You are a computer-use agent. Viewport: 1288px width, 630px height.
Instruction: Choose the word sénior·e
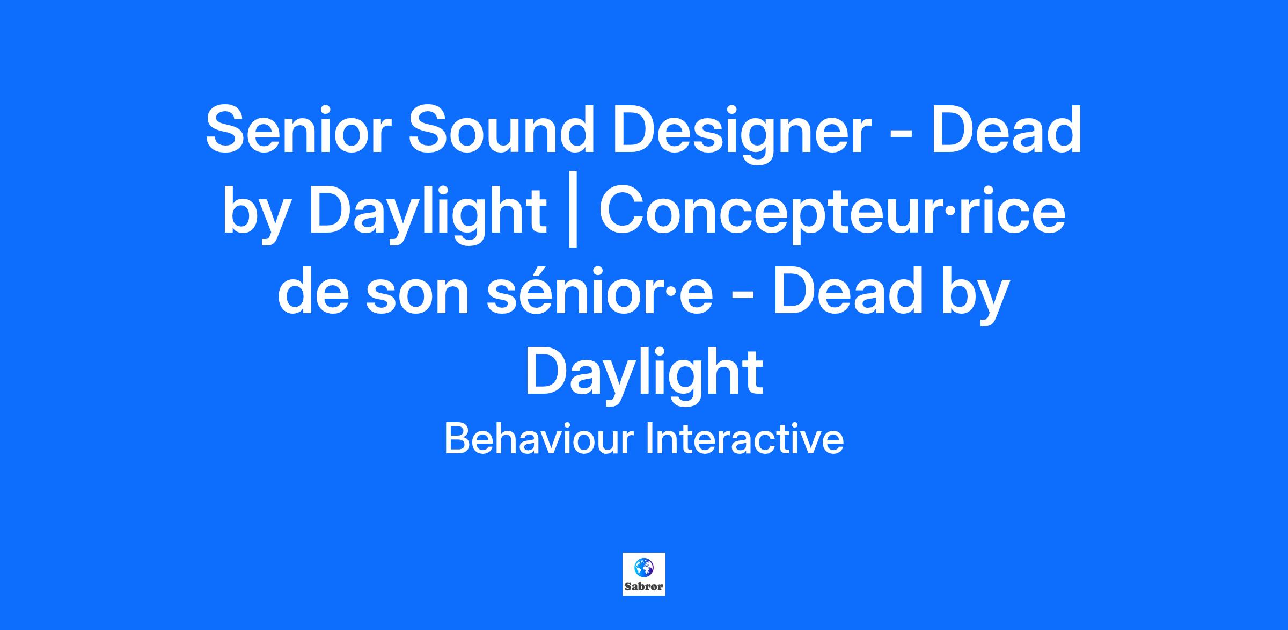point(599,294)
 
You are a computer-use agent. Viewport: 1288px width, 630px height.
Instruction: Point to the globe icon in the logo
point(643,567)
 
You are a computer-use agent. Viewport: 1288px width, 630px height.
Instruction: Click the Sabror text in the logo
point(644,586)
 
